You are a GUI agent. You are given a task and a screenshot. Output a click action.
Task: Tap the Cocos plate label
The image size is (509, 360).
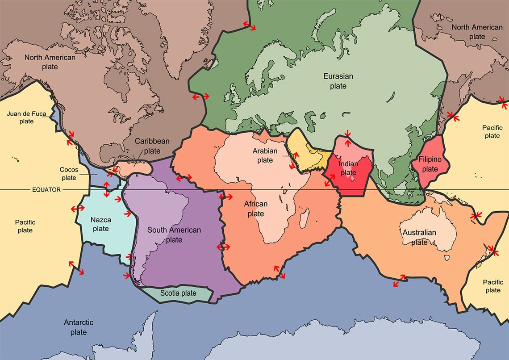(69, 173)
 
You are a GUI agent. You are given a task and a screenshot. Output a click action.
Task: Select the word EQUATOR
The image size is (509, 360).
(46, 189)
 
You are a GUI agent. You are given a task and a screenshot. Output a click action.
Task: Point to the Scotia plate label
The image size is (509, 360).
(179, 293)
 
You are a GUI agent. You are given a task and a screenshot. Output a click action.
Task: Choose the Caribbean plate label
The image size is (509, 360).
(152, 146)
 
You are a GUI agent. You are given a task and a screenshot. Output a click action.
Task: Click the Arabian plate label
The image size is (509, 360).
(265, 155)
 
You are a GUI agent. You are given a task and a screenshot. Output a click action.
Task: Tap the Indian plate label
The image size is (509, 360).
(348, 168)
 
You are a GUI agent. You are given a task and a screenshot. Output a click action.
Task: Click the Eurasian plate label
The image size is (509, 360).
(338, 81)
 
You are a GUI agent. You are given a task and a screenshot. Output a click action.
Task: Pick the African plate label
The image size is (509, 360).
(256, 209)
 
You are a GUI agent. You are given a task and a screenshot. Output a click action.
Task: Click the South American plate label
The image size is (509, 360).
(174, 234)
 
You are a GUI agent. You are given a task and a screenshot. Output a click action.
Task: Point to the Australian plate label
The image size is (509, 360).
(419, 237)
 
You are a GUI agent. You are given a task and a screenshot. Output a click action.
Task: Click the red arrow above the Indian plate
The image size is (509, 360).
(347, 133)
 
